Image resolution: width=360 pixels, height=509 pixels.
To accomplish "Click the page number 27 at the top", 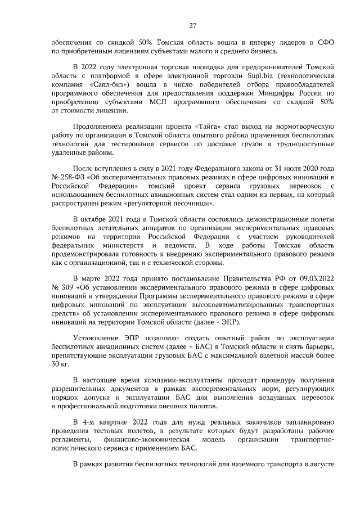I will pos(192,26).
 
